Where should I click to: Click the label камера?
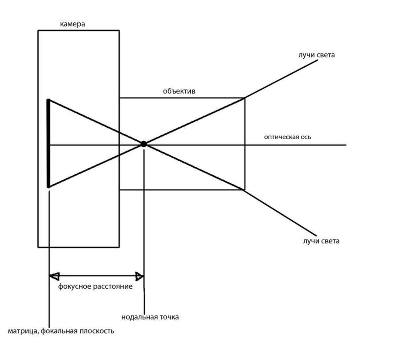tap(72, 24)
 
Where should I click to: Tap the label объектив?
tap(179, 91)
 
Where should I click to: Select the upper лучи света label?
tap(316, 55)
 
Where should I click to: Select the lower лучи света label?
tap(321, 241)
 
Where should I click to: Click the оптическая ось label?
tap(288, 137)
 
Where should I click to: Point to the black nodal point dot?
tap(144, 144)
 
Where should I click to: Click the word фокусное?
tap(75, 286)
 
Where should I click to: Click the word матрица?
tap(23, 331)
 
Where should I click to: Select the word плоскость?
tap(97, 331)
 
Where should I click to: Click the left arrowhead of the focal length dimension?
tap(54, 276)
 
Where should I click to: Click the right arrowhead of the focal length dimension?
tap(139, 276)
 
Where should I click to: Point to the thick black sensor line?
tap(48, 143)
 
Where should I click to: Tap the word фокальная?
tap(60, 331)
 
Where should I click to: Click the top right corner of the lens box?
tap(245, 98)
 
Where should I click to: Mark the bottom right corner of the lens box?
tap(245, 190)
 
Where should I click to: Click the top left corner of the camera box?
tap(38, 30)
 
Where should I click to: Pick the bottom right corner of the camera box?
tap(119, 247)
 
